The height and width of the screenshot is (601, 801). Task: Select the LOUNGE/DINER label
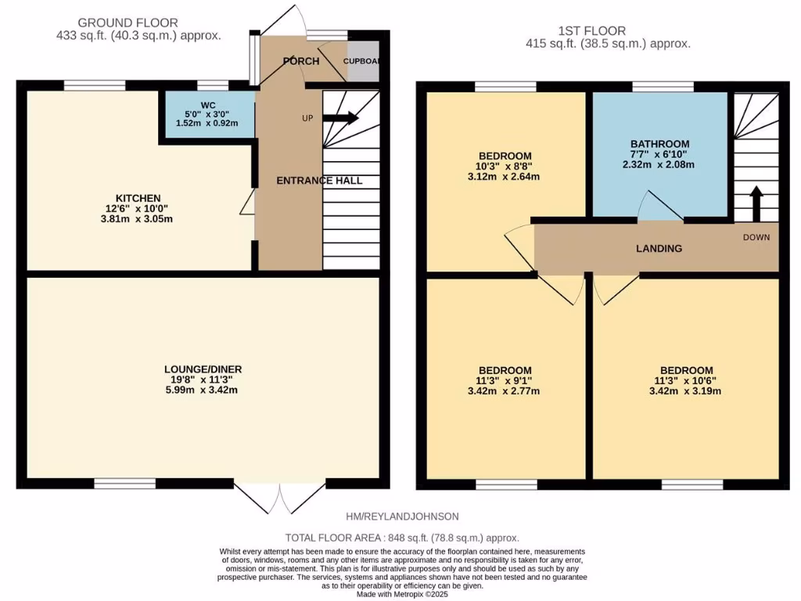click(x=203, y=369)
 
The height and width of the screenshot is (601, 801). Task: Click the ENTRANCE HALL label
click(x=319, y=181)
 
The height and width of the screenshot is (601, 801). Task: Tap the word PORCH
click(x=301, y=61)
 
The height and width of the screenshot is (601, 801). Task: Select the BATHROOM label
click(x=660, y=144)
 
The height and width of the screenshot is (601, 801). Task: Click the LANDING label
click(x=659, y=248)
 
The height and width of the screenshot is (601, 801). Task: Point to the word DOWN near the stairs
click(x=756, y=237)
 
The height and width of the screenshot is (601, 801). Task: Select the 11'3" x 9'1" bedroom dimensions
click(x=505, y=386)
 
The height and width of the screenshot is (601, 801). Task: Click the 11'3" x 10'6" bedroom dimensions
click(x=686, y=386)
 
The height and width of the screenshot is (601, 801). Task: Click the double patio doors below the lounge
click(x=279, y=498)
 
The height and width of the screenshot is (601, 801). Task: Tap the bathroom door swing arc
click(x=659, y=208)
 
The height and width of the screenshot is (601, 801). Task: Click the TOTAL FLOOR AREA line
click(x=401, y=538)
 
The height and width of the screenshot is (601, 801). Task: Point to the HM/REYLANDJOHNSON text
click(x=402, y=516)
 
